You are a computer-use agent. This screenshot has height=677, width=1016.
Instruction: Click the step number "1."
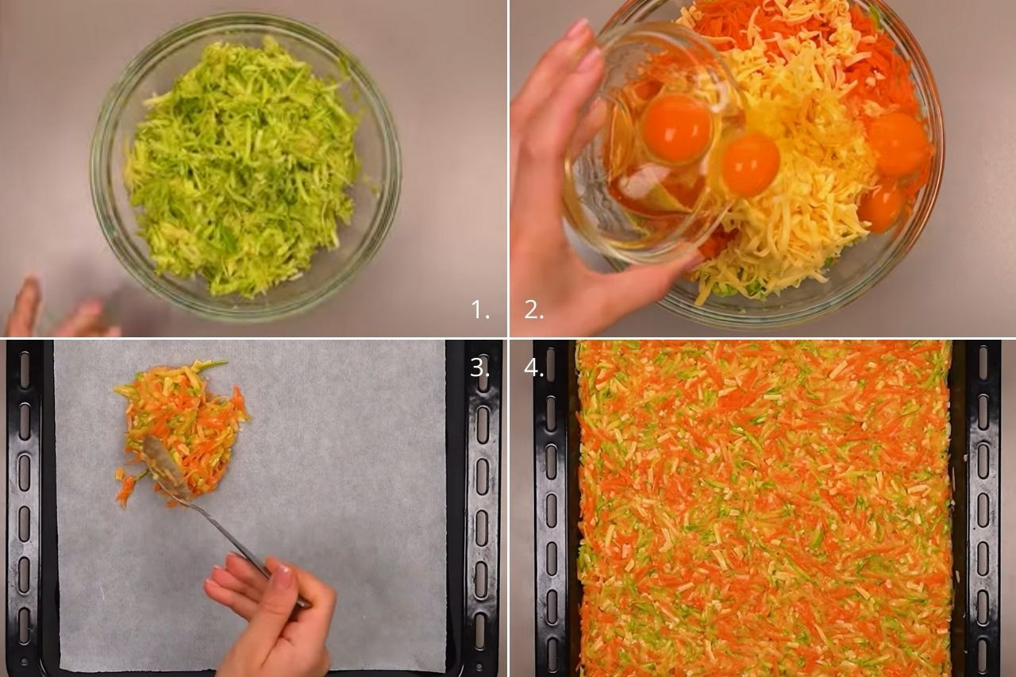click(480, 310)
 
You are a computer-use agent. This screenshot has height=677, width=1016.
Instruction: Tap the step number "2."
click(533, 310)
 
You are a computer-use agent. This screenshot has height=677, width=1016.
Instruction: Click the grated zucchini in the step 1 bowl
click(243, 167)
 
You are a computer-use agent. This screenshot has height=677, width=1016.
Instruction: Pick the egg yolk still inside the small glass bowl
click(677, 129)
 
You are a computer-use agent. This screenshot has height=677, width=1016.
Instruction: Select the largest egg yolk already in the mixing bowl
click(898, 144)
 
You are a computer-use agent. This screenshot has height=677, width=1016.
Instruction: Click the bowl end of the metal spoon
click(165, 466)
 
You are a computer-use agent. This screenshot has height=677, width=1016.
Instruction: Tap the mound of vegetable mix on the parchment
click(182, 431)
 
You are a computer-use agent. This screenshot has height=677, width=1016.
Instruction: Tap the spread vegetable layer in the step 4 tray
click(764, 508)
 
